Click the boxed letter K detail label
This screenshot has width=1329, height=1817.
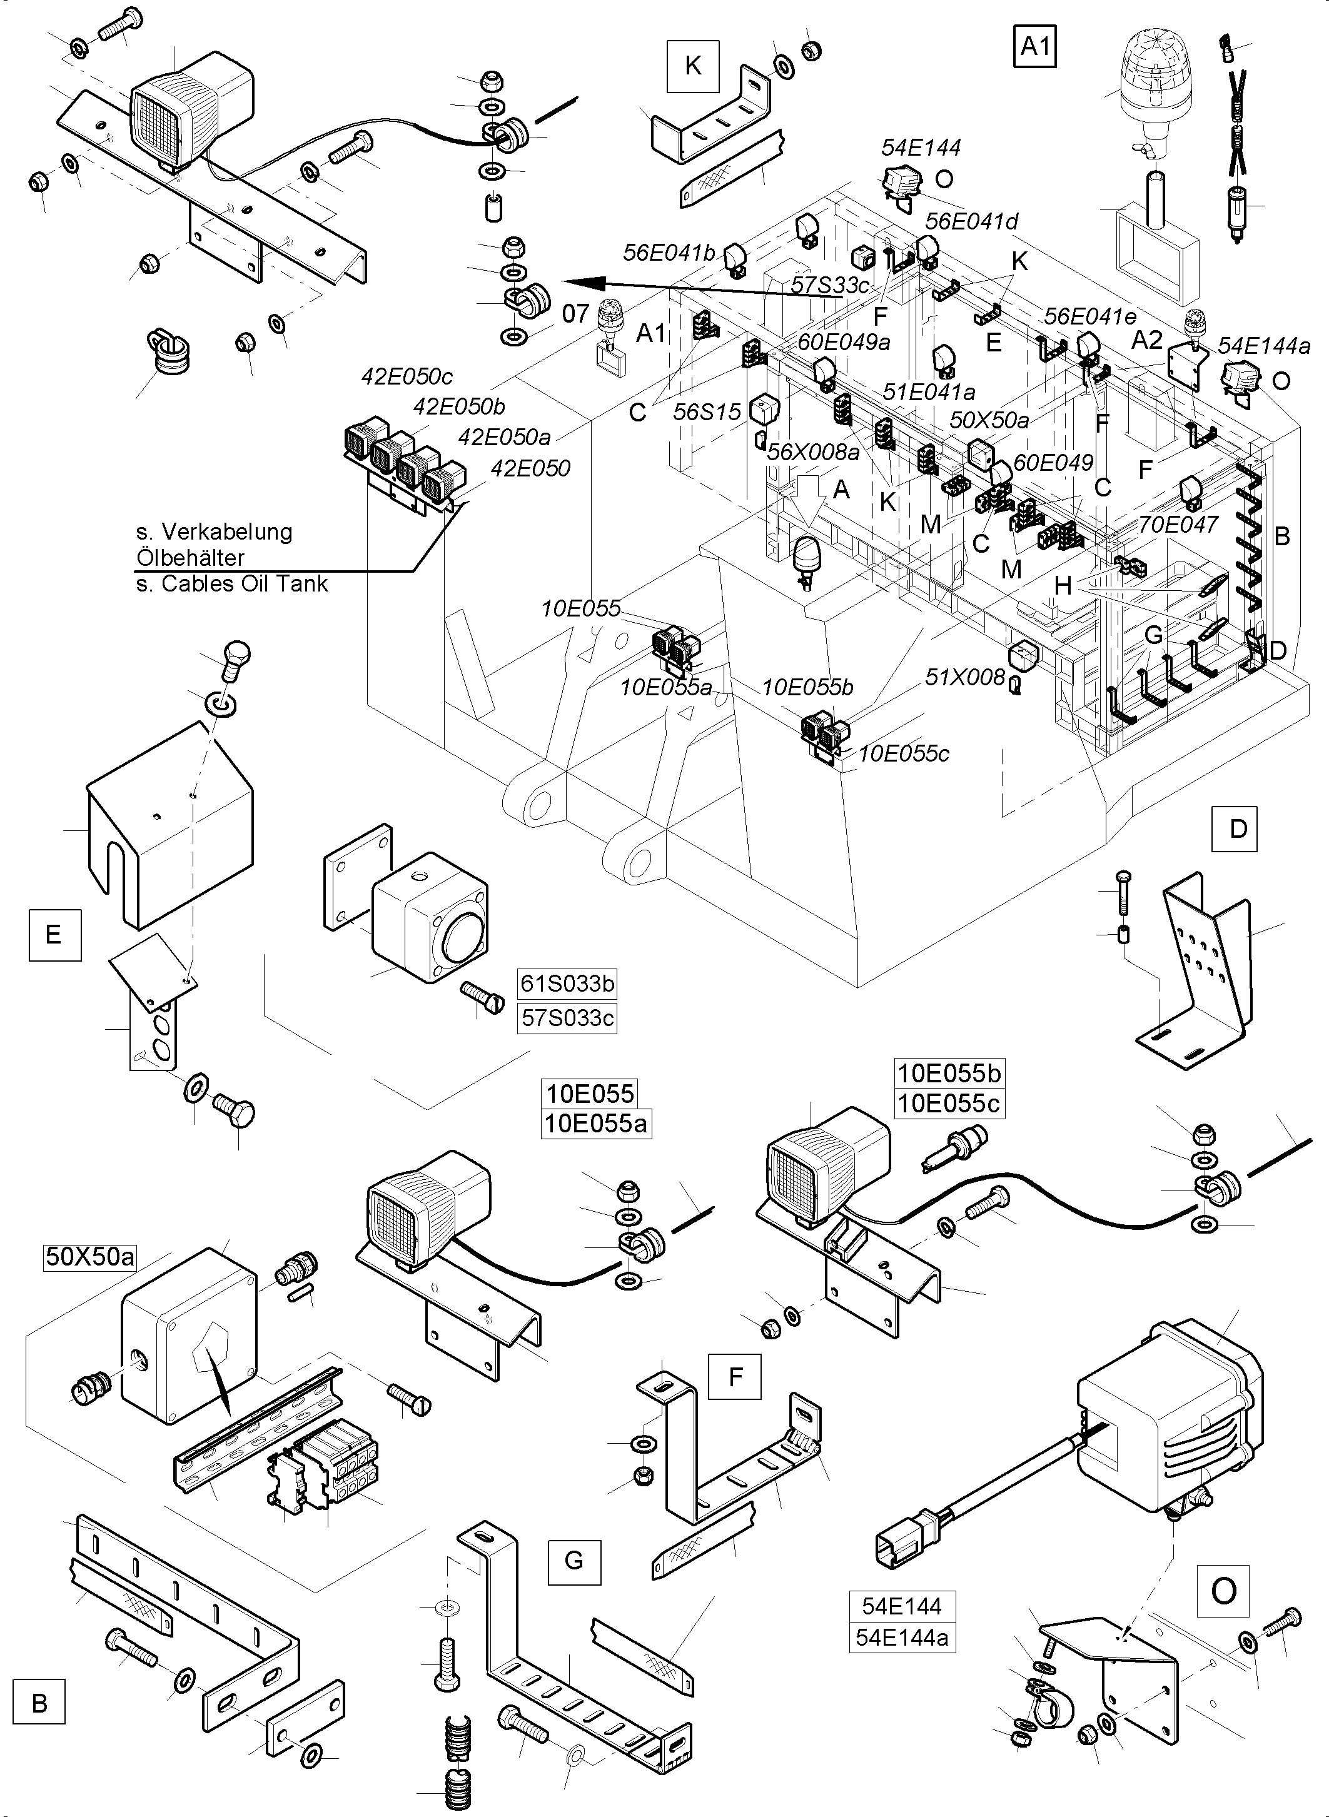coord(693,65)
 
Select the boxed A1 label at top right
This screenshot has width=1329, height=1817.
coord(1034,47)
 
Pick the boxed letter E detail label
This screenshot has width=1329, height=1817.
coord(54,934)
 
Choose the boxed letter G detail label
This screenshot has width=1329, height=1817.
coord(574,1561)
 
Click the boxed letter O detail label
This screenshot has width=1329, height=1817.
coord(1223,1590)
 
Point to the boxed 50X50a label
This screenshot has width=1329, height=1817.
coord(90,1256)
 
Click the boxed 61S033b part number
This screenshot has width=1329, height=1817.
coord(567,984)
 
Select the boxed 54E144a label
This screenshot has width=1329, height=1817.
coord(902,1637)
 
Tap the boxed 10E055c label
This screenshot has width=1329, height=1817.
coord(949,1103)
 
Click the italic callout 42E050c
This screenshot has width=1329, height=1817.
coord(407,376)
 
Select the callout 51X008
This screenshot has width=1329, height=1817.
coord(964,677)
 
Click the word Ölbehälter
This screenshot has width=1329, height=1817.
coord(190,557)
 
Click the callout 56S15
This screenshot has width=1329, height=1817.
coord(706,412)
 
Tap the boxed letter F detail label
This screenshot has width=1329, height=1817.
coord(734,1376)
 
